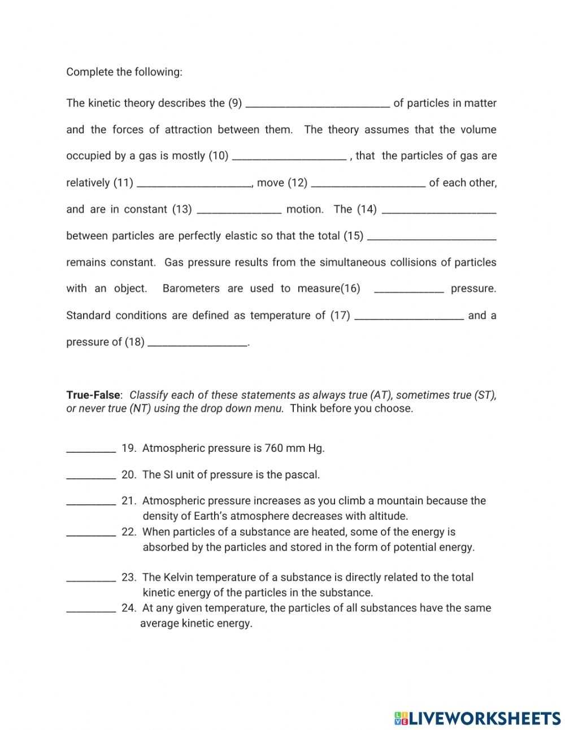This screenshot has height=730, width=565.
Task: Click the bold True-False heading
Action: click(93, 395)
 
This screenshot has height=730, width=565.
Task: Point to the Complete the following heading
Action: click(124, 72)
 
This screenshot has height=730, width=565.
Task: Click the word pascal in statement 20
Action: click(302, 475)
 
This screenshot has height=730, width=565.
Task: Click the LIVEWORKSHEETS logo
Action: click(477, 718)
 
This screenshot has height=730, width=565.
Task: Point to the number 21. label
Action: click(129, 501)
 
